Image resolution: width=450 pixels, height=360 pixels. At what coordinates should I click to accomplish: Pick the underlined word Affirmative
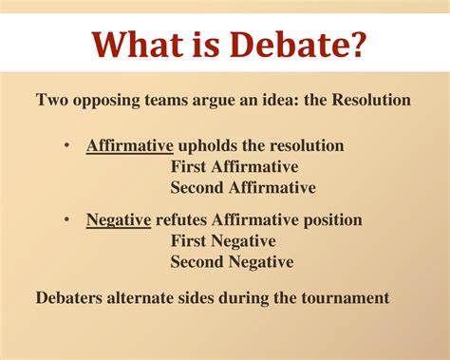tap(128, 146)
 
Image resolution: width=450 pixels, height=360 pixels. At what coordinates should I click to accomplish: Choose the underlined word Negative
tap(119, 220)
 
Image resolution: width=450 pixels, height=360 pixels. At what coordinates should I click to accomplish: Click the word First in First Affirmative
tap(191, 167)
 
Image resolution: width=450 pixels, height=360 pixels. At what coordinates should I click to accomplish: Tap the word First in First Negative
tap(191, 241)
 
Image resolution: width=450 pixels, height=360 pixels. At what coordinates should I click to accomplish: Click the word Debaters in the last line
tap(71, 297)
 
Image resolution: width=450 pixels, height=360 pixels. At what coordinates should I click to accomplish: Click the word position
tap(329, 220)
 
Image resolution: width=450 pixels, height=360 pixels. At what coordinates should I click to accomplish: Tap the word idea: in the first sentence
tap(271, 99)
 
